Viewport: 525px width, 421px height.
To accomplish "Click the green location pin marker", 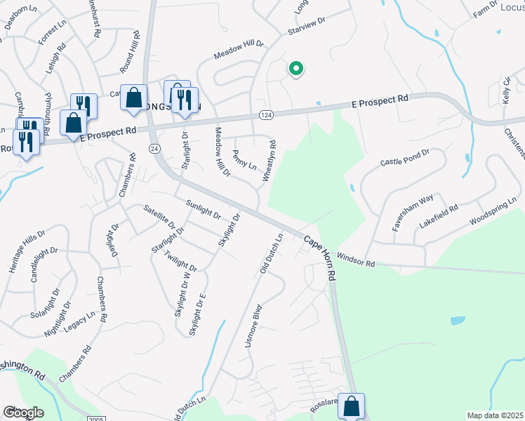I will click(x=296, y=69).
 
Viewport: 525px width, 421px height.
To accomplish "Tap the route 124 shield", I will click(x=265, y=114).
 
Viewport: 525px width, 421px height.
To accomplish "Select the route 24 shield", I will click(x=154, y=149).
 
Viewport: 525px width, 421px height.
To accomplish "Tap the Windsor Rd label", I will click(x=356, y=260).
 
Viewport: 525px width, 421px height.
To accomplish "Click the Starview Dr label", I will click(x=307, y=27).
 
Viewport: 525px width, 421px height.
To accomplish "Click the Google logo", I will click(x=23, y=412).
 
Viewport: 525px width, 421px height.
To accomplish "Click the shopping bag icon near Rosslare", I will click(x=351, y=406).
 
